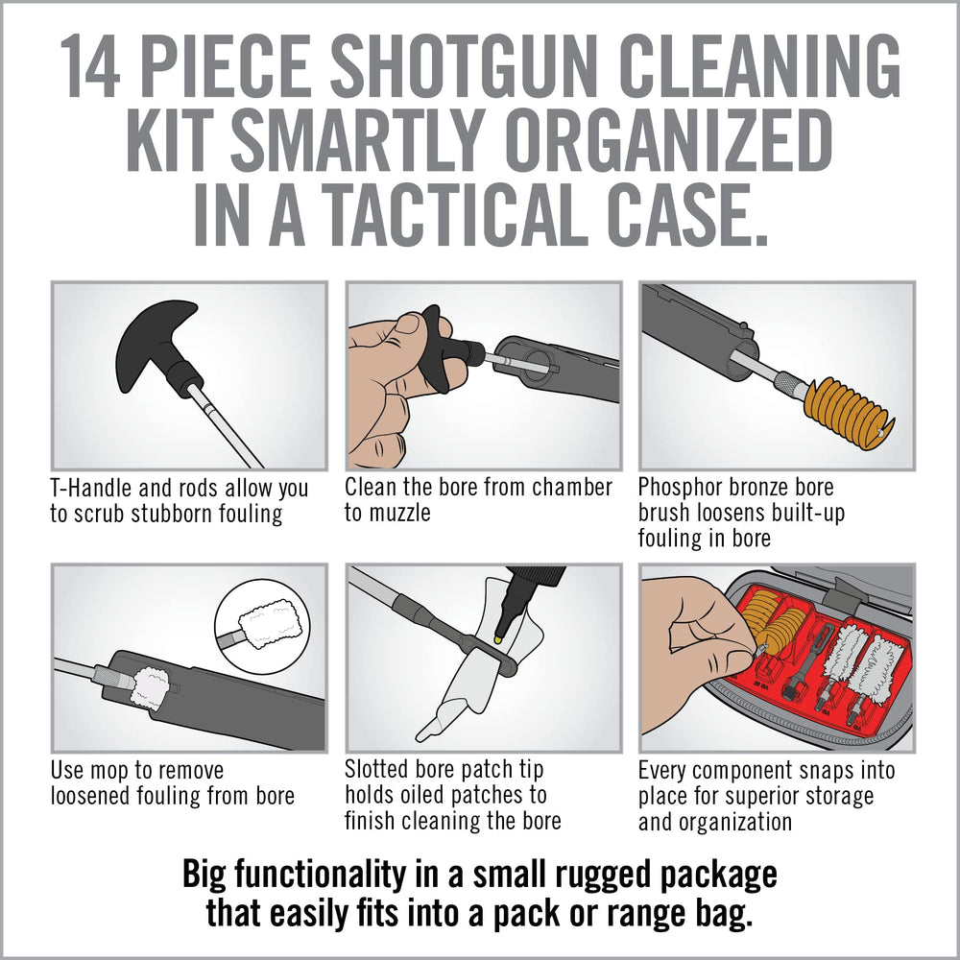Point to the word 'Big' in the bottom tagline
(205, 876)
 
